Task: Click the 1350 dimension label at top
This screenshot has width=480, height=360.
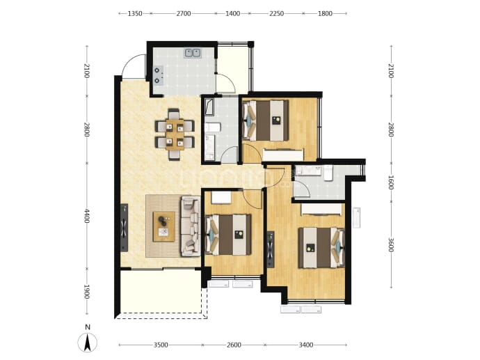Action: click(x=135, y=13)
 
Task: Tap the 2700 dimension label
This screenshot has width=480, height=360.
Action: click(x=184, y=13)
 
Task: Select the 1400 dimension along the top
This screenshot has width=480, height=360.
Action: click(x=232, y=13)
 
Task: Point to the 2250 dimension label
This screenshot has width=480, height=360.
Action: click(x=276, y=13)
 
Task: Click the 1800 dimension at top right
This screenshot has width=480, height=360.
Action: click(x=325, y=13)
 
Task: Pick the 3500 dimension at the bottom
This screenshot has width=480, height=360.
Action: click(x=161, y=345)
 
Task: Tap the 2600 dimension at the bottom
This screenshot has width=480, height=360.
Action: click(x=234, y=345)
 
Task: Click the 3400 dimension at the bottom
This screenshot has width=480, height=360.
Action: click(x=306, y=345)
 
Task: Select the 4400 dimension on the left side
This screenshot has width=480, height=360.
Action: click(x=87, y=216)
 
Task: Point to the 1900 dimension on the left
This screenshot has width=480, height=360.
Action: click(x=87, y=292)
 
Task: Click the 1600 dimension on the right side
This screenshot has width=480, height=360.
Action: click(x=391, y=182)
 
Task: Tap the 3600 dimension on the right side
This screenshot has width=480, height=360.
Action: click(x=391, y=245)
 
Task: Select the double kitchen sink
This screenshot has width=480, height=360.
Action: click(x=192, y=53)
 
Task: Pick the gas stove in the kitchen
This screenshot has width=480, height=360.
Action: click(x=159, y=75)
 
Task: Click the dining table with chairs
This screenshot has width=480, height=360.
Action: click(x=175, y=134)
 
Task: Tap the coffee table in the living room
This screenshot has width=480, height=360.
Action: click(x=164, y=226)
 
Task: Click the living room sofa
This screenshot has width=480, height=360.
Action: click(x=191, y=226)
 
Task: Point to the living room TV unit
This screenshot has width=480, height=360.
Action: click(x=124, y=228)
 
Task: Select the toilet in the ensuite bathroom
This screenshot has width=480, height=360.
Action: click(x=328, y=173)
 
